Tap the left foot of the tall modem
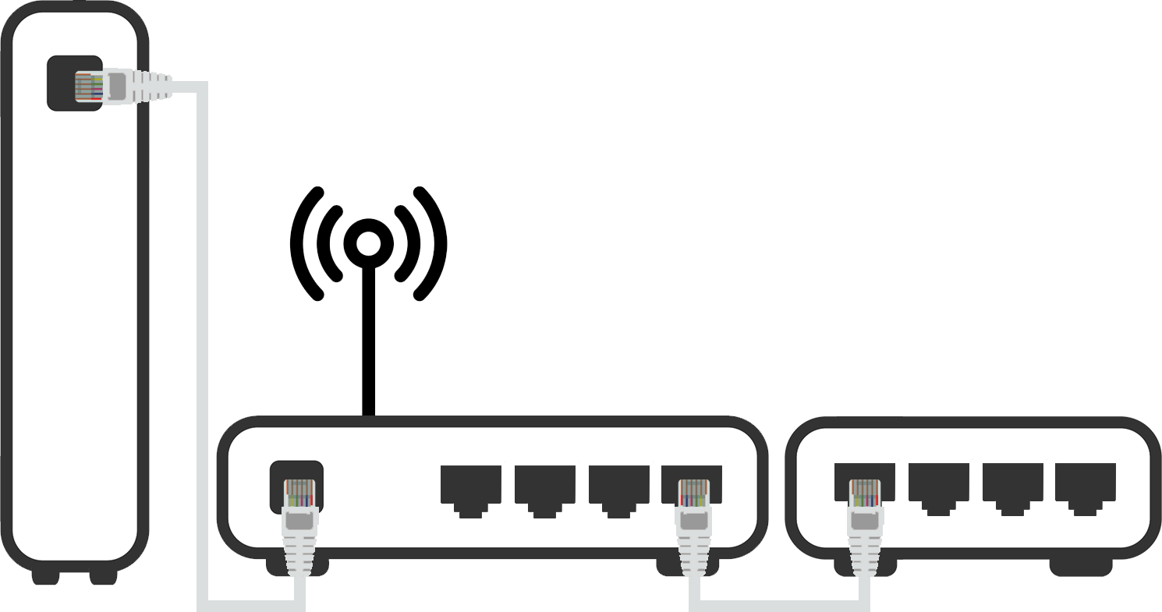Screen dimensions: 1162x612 tap(45, 578)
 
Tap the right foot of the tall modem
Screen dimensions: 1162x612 tap(104, 578)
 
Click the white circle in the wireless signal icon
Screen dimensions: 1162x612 tap(368, 244)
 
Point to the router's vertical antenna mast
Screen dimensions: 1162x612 tap(368, 343)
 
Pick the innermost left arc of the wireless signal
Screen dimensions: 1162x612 tap(335, 243)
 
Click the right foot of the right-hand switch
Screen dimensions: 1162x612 tap(1081, 568)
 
